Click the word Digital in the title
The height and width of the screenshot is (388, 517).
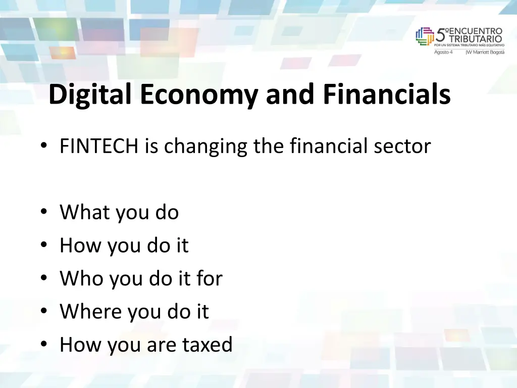point(91,94)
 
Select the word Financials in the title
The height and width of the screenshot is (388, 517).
point(387,94)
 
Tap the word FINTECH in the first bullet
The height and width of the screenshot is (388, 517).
point(99,147)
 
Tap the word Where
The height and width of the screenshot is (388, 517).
point(90,312)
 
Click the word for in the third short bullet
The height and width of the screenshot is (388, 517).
point(209,278)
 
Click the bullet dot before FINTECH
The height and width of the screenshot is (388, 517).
point(45,147)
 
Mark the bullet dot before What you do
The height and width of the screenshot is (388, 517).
point(45,213)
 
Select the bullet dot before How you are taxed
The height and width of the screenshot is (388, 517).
point(45,346)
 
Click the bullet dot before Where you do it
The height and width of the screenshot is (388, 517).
point(45,312)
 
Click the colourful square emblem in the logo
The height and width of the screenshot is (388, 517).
point(425,36)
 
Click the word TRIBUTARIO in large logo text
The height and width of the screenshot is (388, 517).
point(476,38)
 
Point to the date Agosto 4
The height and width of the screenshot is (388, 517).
point(444,52)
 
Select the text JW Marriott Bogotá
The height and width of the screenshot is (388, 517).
point(485,52)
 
